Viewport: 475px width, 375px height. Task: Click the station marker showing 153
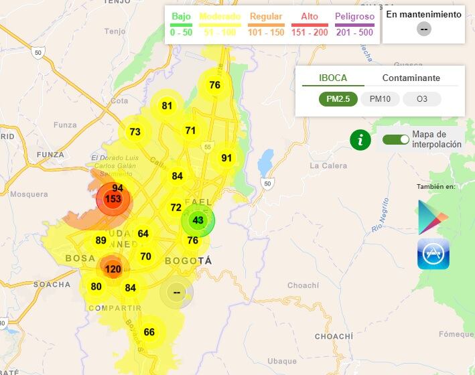(x=113, y=200)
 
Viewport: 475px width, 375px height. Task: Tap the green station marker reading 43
(x=198, y=220)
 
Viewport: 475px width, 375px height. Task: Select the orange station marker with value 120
(x=113, y=269)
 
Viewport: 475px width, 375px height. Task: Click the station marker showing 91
(x=226, y=158)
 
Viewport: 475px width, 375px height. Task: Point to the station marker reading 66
(x=149, y=332)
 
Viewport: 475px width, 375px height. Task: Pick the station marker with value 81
(x=167, y=105)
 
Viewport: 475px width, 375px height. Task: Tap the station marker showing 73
(x=135, y=132)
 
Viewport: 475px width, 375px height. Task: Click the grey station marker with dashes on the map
(x=176, y=292)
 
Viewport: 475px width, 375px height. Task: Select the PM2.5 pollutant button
(x=338, y=99)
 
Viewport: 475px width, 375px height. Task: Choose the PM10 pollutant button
(x=380, y=99)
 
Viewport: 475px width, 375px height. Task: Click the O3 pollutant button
(x=421, y=99)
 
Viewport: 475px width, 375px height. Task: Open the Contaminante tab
(x=411, y=78)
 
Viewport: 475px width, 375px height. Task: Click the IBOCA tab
(x=333, y=78)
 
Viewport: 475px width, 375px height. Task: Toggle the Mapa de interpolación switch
(x=395, y=139)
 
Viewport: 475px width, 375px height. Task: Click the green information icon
(x=360, y=139)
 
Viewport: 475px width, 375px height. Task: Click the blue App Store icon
(x=433, y=254)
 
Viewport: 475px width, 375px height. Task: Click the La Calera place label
(x=328, y=165)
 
